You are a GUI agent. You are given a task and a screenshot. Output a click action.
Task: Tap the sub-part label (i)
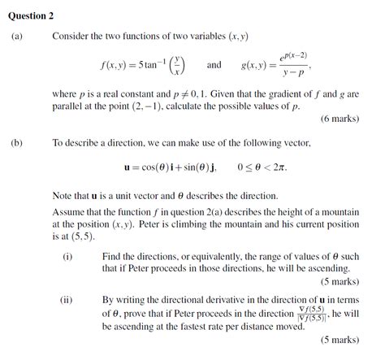pos(67,256)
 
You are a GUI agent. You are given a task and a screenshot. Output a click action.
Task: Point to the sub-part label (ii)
pos(67,298)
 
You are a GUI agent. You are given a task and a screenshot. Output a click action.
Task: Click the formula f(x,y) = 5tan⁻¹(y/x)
pos(143,64)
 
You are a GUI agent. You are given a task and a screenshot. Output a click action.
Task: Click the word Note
pos(63,196)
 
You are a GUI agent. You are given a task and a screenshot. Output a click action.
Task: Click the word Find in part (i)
pos(113,256)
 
